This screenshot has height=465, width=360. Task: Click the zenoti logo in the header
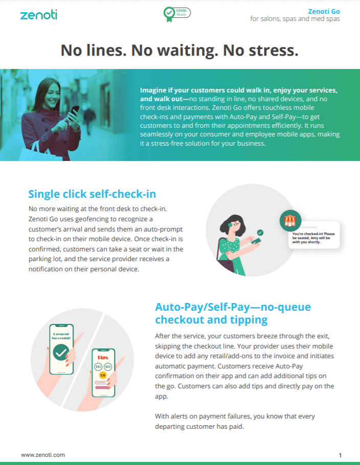click(x=38, y=14)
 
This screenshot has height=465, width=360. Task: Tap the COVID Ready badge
click(x=177, y=14)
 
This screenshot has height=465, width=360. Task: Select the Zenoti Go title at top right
click(x=324, y=11)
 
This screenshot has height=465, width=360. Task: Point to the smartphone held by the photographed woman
click(x=74, y=112)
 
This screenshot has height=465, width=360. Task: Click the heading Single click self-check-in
click(x=92, y=194)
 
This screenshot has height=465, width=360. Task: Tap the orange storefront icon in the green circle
click(x=290, y=221)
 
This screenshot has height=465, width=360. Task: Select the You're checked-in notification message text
click(x=313, y=238)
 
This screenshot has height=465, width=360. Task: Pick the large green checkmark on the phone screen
click(x=61, y=352)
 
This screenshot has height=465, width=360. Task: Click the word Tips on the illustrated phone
click(x=103, y=357)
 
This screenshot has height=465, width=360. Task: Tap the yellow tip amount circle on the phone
click(x=103, y=375)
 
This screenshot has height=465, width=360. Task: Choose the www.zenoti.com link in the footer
click(x=43, y=455)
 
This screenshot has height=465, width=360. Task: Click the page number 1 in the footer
click(x=340, y=455)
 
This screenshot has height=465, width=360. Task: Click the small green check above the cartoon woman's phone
click(x=260, y=232)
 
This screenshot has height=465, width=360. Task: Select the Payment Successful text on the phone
click(x=61, y=336)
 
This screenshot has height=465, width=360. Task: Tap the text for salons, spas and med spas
click(x=295, y=19)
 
